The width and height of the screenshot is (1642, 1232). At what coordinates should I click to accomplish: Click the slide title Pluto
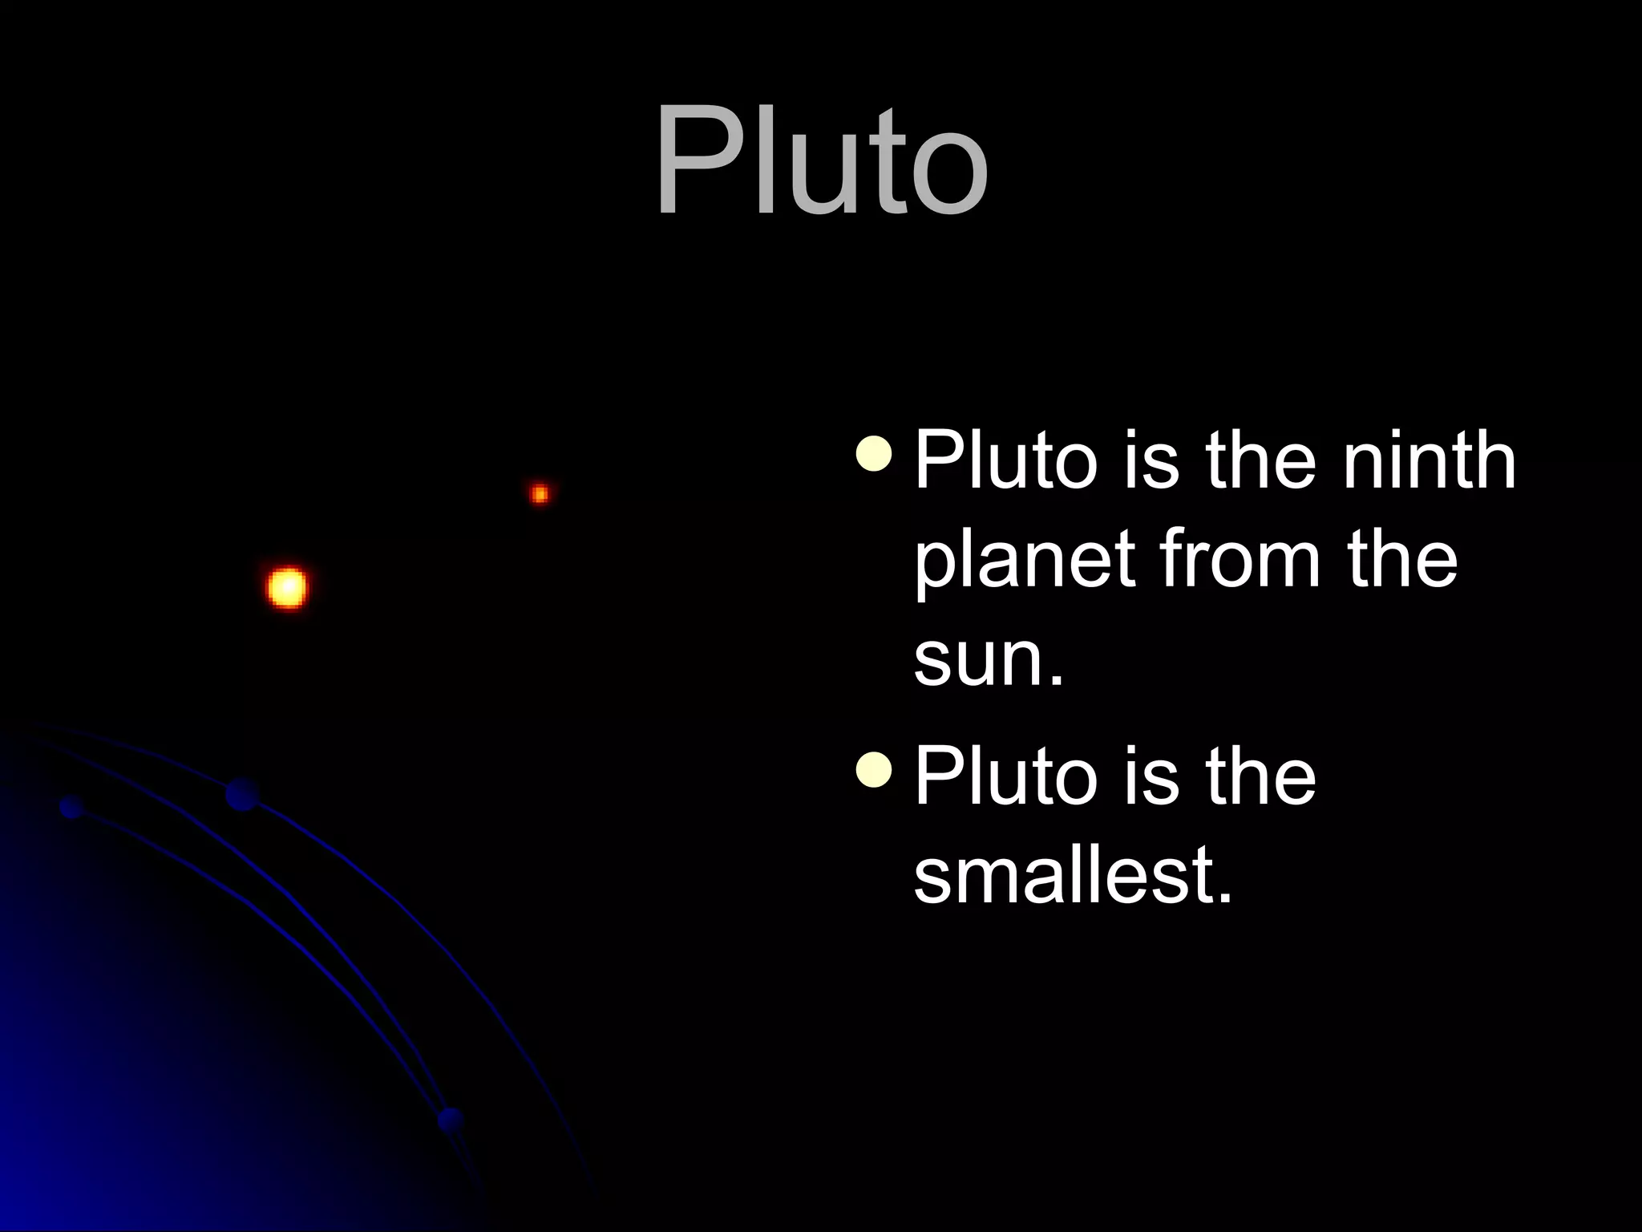[821, 160]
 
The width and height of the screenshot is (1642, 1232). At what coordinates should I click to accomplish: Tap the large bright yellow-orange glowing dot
[286, 588]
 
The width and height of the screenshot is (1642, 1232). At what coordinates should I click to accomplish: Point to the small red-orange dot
[540, 493]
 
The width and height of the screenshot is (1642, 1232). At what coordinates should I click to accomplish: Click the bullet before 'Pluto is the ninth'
[873, 454]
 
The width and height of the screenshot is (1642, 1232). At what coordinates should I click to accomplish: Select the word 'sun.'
[989, 659]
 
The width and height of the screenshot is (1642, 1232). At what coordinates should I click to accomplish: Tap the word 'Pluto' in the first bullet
[1005, 460]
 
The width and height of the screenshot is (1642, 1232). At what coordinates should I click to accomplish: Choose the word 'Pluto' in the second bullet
[1005, 776]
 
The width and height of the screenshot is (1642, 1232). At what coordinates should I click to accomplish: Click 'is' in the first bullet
[1151, 460]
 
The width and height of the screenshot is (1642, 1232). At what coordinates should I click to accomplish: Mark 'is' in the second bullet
[1151, 776]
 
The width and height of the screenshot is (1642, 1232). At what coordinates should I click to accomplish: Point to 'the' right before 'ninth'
[1260, 460]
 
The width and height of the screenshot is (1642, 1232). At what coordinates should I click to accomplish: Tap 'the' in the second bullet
[1260, 776]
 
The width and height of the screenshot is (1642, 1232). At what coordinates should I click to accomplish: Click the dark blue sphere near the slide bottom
[451, 1120]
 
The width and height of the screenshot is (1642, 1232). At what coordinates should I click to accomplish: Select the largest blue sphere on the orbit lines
[241, 794]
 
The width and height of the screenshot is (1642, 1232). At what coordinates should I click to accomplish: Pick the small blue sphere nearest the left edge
[71, 807]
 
